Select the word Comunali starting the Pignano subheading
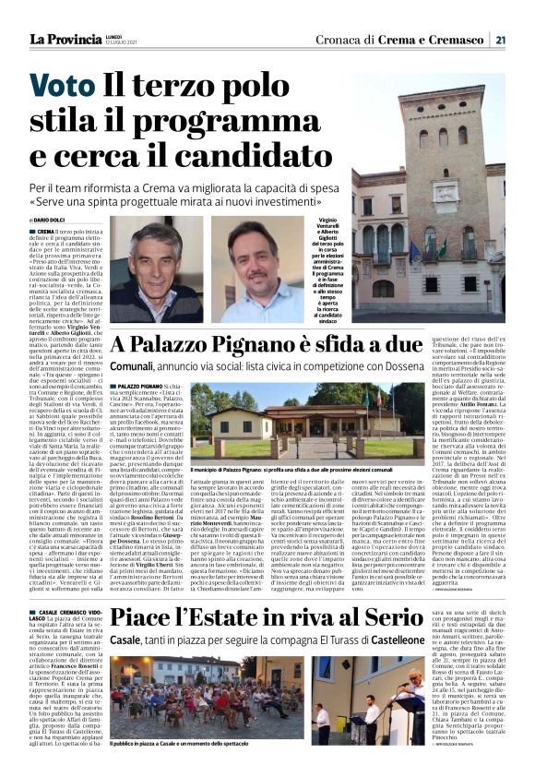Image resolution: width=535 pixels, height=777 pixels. [136, 366]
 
